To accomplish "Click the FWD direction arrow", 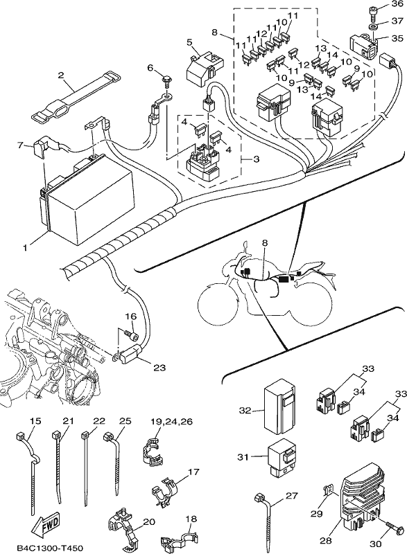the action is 45,523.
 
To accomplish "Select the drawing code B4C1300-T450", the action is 49,548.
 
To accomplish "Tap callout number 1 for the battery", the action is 25,248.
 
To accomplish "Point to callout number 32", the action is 245,411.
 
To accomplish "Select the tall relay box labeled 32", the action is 279,408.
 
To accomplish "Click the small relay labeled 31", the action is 281,458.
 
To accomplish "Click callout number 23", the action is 159,368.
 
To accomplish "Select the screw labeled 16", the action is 132,334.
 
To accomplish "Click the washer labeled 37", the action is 373,28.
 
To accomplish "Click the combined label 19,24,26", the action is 171,422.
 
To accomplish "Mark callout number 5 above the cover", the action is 189,43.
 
